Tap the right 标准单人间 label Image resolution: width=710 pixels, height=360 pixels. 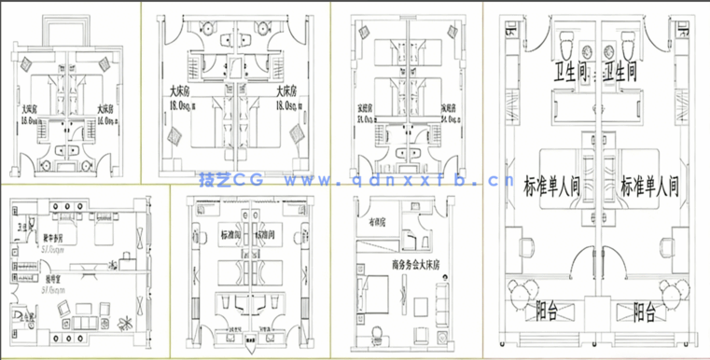649,185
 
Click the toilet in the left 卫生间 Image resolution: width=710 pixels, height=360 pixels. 567,41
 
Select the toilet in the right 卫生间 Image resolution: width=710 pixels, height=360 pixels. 627,41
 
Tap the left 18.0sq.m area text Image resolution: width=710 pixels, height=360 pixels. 181,107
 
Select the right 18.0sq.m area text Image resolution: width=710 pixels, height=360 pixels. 288,107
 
